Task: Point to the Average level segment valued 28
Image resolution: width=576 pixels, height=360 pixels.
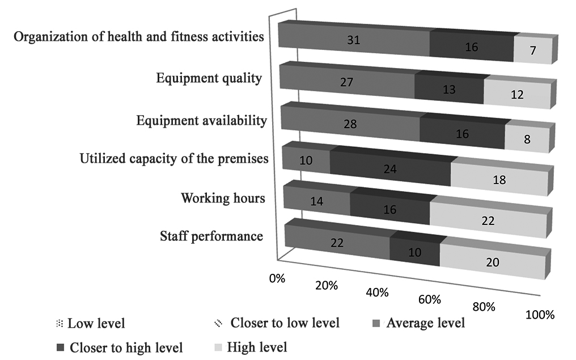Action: pos(350,124)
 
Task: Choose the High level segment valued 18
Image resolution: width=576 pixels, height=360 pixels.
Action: pos(499,181)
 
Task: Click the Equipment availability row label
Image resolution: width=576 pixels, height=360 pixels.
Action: pos(202,120)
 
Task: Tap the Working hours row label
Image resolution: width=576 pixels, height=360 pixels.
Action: pos(223,198)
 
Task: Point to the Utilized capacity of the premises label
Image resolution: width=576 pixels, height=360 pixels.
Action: pos(174,159)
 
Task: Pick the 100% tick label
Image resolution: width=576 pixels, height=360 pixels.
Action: pos(539,315)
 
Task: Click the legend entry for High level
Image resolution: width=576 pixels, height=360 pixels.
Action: pos(257,346)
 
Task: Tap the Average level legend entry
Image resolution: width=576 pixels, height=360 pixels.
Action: pos(425,324)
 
